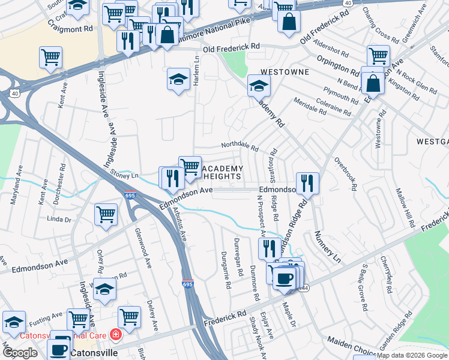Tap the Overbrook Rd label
[346, 175]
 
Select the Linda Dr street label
[59, 220]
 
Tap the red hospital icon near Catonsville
[115, 335]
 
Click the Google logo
[20, 352]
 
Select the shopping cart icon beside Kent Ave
[51, 58]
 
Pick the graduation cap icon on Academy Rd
[259, 85]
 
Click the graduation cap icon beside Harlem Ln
[178, 79]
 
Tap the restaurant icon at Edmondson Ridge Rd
[307, 183]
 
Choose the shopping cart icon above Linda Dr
[106, 214]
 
